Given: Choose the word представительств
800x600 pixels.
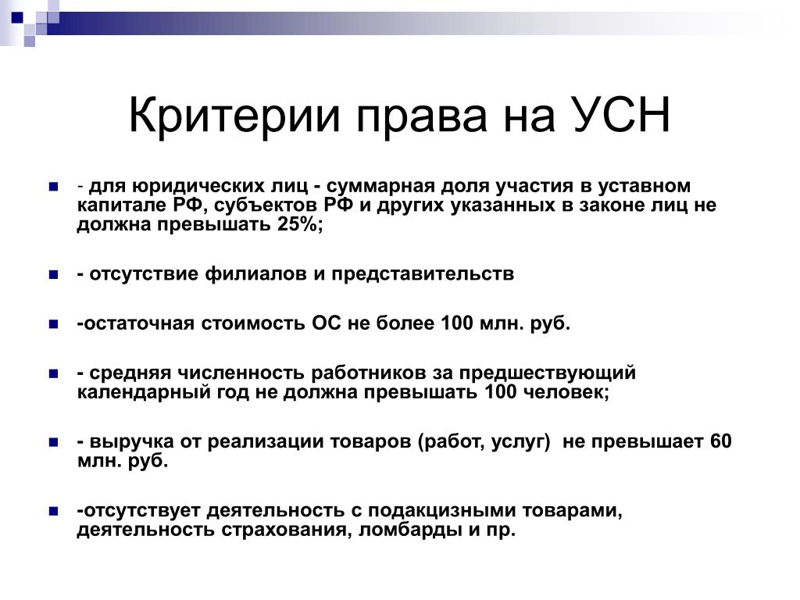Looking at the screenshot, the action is click(423, 274).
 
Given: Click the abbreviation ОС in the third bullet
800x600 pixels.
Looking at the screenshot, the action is click(327, 323).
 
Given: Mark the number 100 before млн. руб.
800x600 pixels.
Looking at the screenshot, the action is click(457, 323).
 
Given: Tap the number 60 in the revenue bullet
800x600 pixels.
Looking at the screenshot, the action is click(721, 441).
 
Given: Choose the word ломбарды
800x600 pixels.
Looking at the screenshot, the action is click(411, 530).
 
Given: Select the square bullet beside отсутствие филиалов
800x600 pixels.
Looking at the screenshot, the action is click(54, 275).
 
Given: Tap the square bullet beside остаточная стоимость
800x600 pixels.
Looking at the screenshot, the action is click(54, 324).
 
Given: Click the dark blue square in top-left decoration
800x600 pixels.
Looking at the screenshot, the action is click(18, 17).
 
